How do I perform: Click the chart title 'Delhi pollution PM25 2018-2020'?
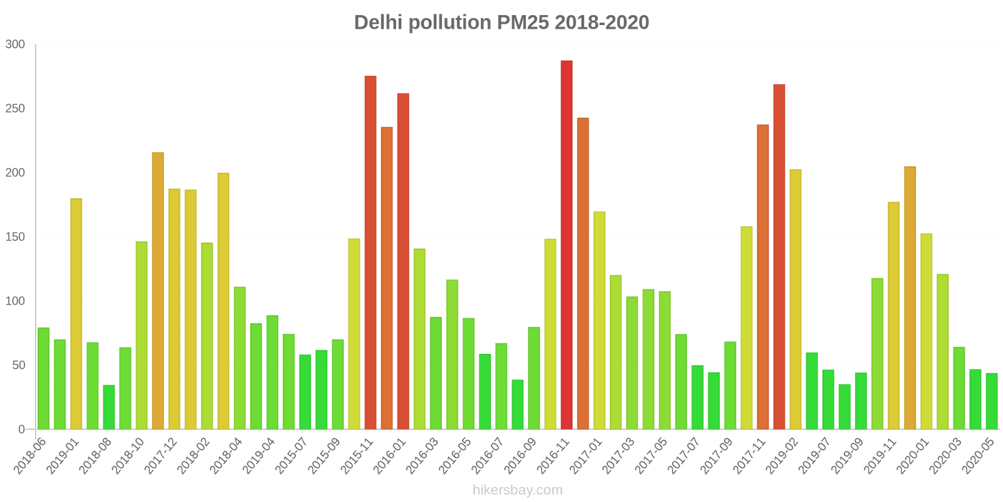(501, 23)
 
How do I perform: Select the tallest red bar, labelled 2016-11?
(566, 245)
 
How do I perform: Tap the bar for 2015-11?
(370, 252)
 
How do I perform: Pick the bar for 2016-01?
(403, 261)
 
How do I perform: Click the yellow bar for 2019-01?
(76, 314)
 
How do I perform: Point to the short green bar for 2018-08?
(109, 407)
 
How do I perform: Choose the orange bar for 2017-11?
(762, 277)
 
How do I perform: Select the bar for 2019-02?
(796, 299)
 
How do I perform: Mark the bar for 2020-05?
(991, 401)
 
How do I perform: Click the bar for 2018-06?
(43, 378)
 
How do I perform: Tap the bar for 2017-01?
(599, 320)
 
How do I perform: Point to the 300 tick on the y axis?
(15, 45)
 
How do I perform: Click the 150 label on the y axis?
(15, 237)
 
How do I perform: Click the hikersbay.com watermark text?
(517, 490)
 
